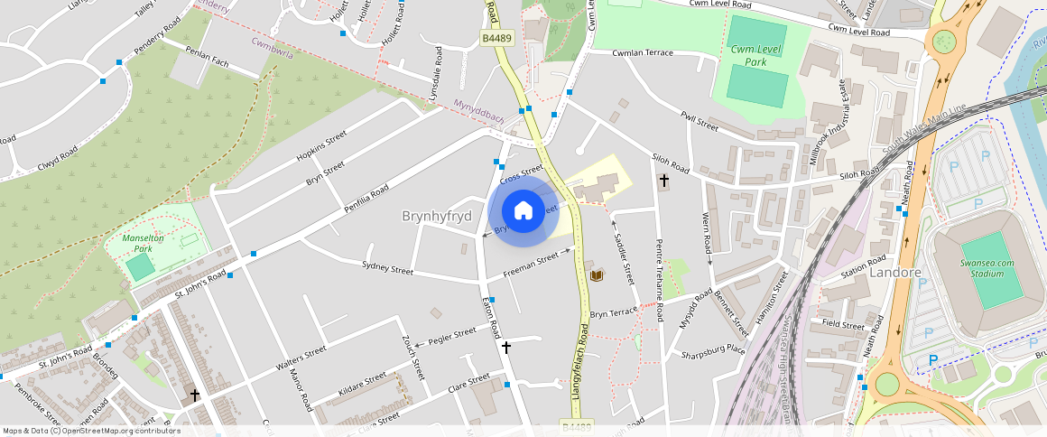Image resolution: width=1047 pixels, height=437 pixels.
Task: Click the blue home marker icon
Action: point(523,211)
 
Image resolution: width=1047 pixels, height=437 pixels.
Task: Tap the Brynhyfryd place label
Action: point(437,217)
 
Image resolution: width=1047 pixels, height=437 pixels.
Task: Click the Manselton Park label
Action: point(144,243)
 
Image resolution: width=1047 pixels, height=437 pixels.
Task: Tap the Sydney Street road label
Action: point(387,268)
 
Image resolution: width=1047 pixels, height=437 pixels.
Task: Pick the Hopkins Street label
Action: point(321,147)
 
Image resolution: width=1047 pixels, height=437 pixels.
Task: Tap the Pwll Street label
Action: point(700,121)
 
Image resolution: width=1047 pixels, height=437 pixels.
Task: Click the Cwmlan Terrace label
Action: point(643,53)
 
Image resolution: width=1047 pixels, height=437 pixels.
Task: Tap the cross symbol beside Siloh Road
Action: point(664,181)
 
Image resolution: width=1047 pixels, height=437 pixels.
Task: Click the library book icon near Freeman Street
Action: point(595,274)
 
